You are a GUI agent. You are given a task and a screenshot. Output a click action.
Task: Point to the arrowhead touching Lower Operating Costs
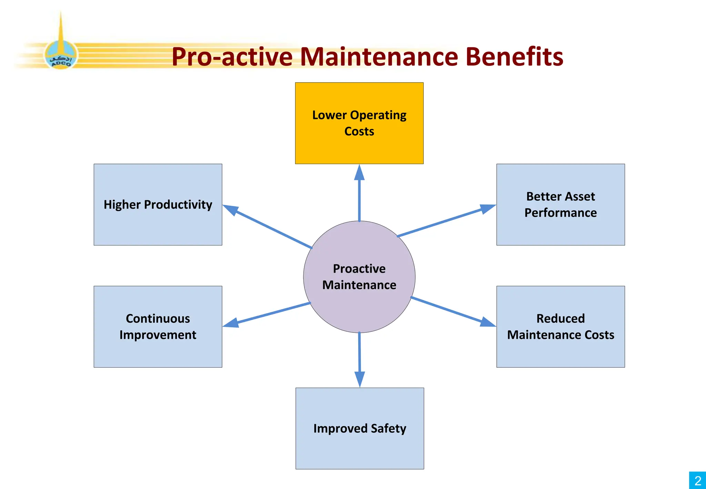point(359,172)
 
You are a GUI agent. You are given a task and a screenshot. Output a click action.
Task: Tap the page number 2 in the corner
point(698,480)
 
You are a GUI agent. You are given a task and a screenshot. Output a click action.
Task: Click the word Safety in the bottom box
point(389,429)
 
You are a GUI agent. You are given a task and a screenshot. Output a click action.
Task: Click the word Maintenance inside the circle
point(359,285)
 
